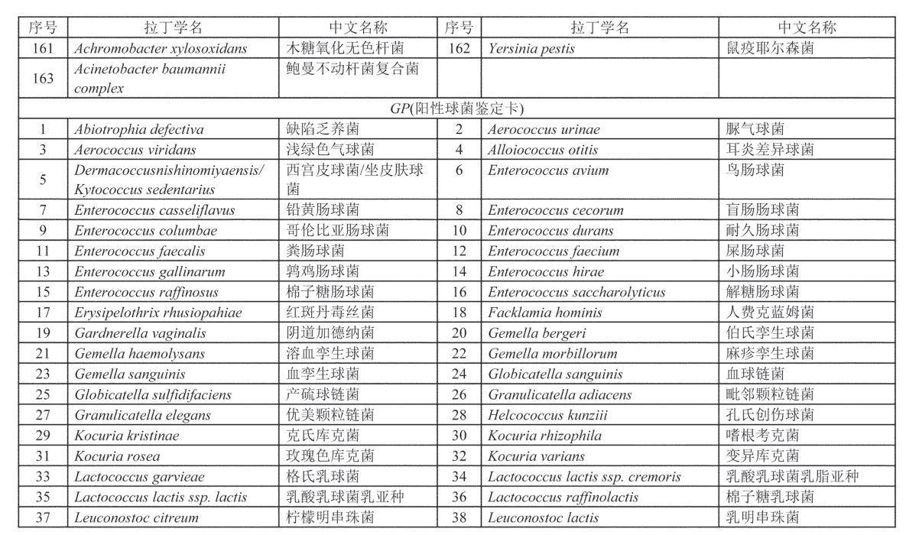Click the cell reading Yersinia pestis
531,48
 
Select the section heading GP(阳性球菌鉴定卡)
457,109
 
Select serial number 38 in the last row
459,518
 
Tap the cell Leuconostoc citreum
136,518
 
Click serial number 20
459,333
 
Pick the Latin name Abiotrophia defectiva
138,129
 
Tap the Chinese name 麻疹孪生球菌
770,354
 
